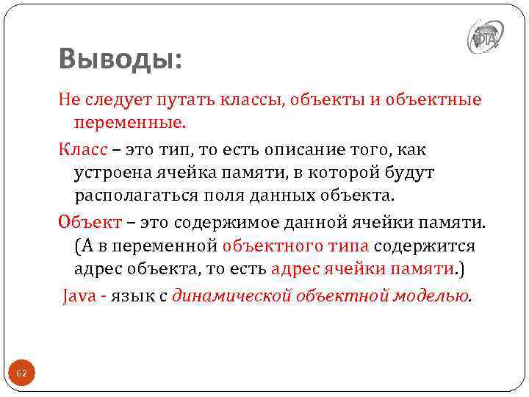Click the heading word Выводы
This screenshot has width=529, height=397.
pyautogui.click(x=120, y=59)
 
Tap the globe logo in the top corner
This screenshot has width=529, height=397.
pyautogui.click(x=483, y=36)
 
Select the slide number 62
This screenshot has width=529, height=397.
pyautogui.click(x=21, y=373)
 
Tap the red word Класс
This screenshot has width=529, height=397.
pyautogui.click(x=83, y=150)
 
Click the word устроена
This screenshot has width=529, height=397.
pyautogui.click(x=112, y=174)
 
